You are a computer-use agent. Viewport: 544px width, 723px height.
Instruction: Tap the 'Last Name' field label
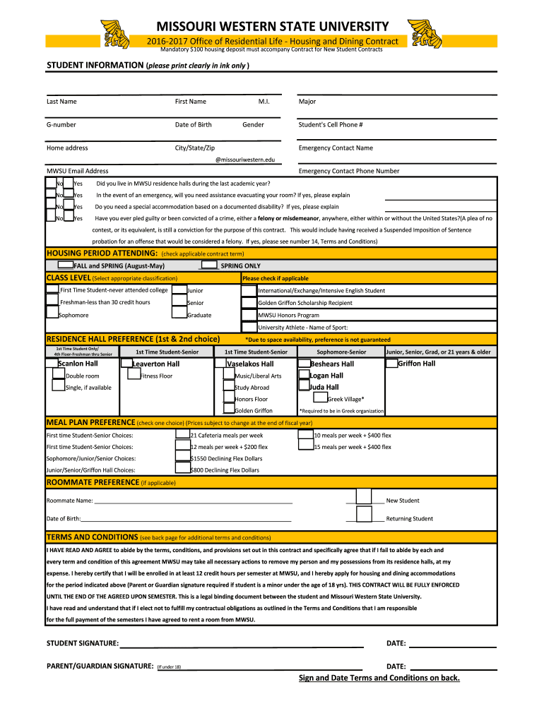click(x=61, y=102)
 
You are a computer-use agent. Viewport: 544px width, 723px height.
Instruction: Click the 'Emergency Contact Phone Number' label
click(x=349, y=171)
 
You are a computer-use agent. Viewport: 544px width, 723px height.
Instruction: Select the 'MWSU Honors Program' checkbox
click(x=249, y=314)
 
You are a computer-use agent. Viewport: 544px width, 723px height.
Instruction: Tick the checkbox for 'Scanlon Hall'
click(x=52, y=363)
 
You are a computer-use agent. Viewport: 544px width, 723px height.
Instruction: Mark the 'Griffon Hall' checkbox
click(x=392, y=363)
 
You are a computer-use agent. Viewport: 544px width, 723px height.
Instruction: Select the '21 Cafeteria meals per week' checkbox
click(x=182, y=434)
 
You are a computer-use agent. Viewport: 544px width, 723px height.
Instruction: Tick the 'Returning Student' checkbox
click(x=364, y=515)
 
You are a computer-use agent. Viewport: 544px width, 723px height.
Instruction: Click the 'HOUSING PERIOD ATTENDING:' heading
click(x=102, y=253)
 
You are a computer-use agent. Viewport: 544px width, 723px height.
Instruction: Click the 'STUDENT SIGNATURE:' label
click(x=83, y=643)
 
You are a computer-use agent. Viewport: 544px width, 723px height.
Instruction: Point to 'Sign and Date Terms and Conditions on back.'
click(x=379, y=678)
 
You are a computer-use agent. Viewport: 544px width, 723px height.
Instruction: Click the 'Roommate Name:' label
click(x=69, y=501)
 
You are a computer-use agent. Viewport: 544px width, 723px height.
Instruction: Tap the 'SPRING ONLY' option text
click(x=240, y=265)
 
